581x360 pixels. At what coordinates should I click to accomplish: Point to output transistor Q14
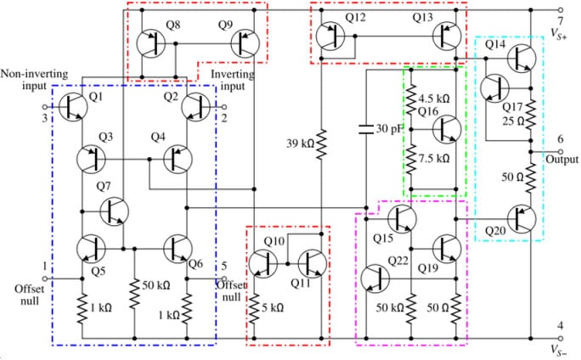click(521, 58)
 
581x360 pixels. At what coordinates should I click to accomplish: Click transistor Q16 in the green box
click(446, 130)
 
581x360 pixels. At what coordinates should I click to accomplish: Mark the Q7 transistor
click(113, 210)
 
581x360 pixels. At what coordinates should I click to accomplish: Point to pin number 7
click(559, 20)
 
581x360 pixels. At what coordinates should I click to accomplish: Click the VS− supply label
click(560, 350)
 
